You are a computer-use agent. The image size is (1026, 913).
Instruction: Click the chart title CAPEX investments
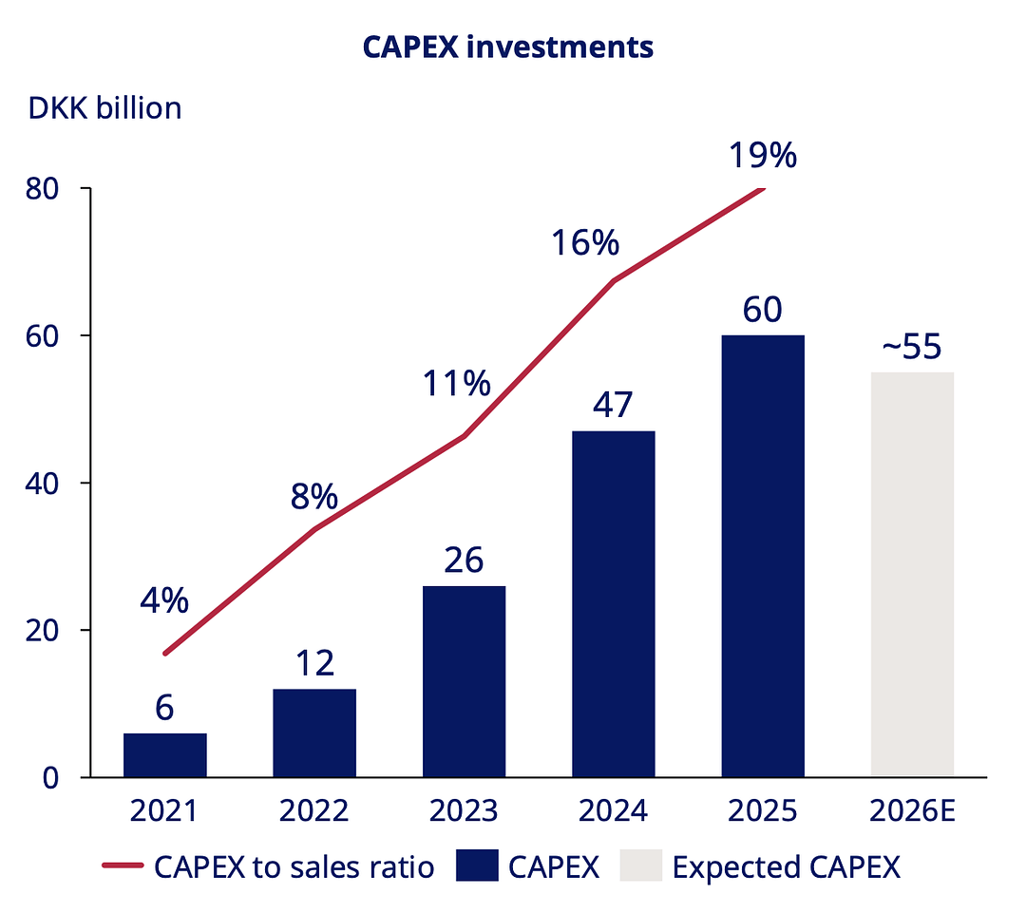pyautogui.click(x=507, y=47)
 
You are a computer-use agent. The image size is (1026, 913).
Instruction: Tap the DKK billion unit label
pyautogui.click(x=104, y=108)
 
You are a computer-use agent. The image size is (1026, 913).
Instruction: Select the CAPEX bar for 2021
pyautogui.click(x=165, y=754)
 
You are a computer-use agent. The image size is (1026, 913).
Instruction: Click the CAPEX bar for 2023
pyautogui.click(x=464, y=681)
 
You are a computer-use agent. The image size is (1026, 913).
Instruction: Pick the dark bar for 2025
pyautogui.click(x=763, y=556)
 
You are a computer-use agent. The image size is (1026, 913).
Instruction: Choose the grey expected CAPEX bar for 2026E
pyautogui.click(x=912, y=575)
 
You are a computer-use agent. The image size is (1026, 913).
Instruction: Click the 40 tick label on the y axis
pyautogui.click(x=46, y=483)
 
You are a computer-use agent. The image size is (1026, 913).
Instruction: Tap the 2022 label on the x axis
pyautogui.click(x=314, y=811)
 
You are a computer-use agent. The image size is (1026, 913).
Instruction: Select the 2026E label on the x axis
pyautogui.click(x=912, y=811)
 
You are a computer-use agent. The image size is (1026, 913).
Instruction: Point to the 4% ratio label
pyautogui.click(x=165, y=601)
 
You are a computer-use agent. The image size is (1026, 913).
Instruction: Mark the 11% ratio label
pyautogui.click(x=457, y=384)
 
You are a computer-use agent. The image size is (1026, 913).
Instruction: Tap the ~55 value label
pyautogui.click(x=912, y=348)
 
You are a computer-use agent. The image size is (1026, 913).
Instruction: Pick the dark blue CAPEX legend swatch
pyautogui.click(x=477, y=866)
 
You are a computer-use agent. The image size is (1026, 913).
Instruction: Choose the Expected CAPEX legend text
pyautogui.click(x=786, y=866)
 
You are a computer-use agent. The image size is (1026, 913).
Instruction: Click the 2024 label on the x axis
pyautogui.click(x=613, y=811)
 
